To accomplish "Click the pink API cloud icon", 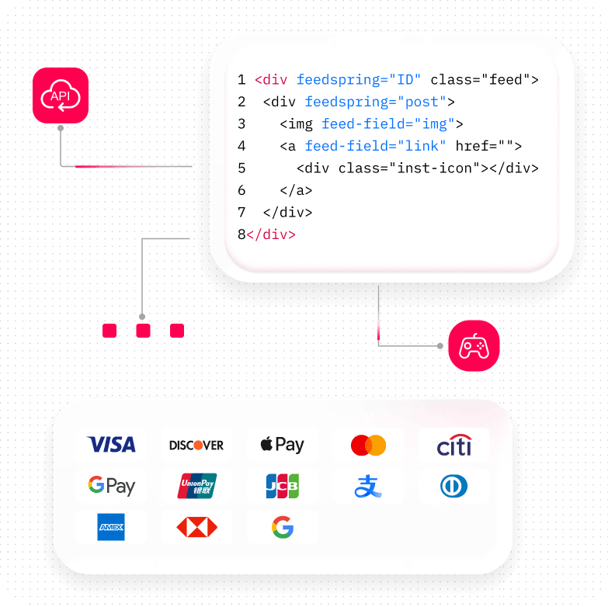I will [61, 95].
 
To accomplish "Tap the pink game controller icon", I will [474, 345].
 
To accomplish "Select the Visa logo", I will [111, 445].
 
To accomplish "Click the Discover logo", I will [196, 445].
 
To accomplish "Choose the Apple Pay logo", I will [282, 445].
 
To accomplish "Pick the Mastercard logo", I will [368, 446].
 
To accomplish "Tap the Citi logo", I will [453, 446].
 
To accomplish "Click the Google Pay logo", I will [111, 486].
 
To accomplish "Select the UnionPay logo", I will [196, 486].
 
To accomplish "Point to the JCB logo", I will [282, 486].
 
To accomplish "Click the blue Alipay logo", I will [368, 487].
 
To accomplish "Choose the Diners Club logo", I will [453, 487].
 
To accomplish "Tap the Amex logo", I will [111, 527].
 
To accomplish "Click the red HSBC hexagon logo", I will [196, 527].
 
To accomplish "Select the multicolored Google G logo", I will [282, 528].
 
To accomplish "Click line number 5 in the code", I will [241, 168].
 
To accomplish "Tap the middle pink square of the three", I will [143, 331].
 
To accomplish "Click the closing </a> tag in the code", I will [296, 190].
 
